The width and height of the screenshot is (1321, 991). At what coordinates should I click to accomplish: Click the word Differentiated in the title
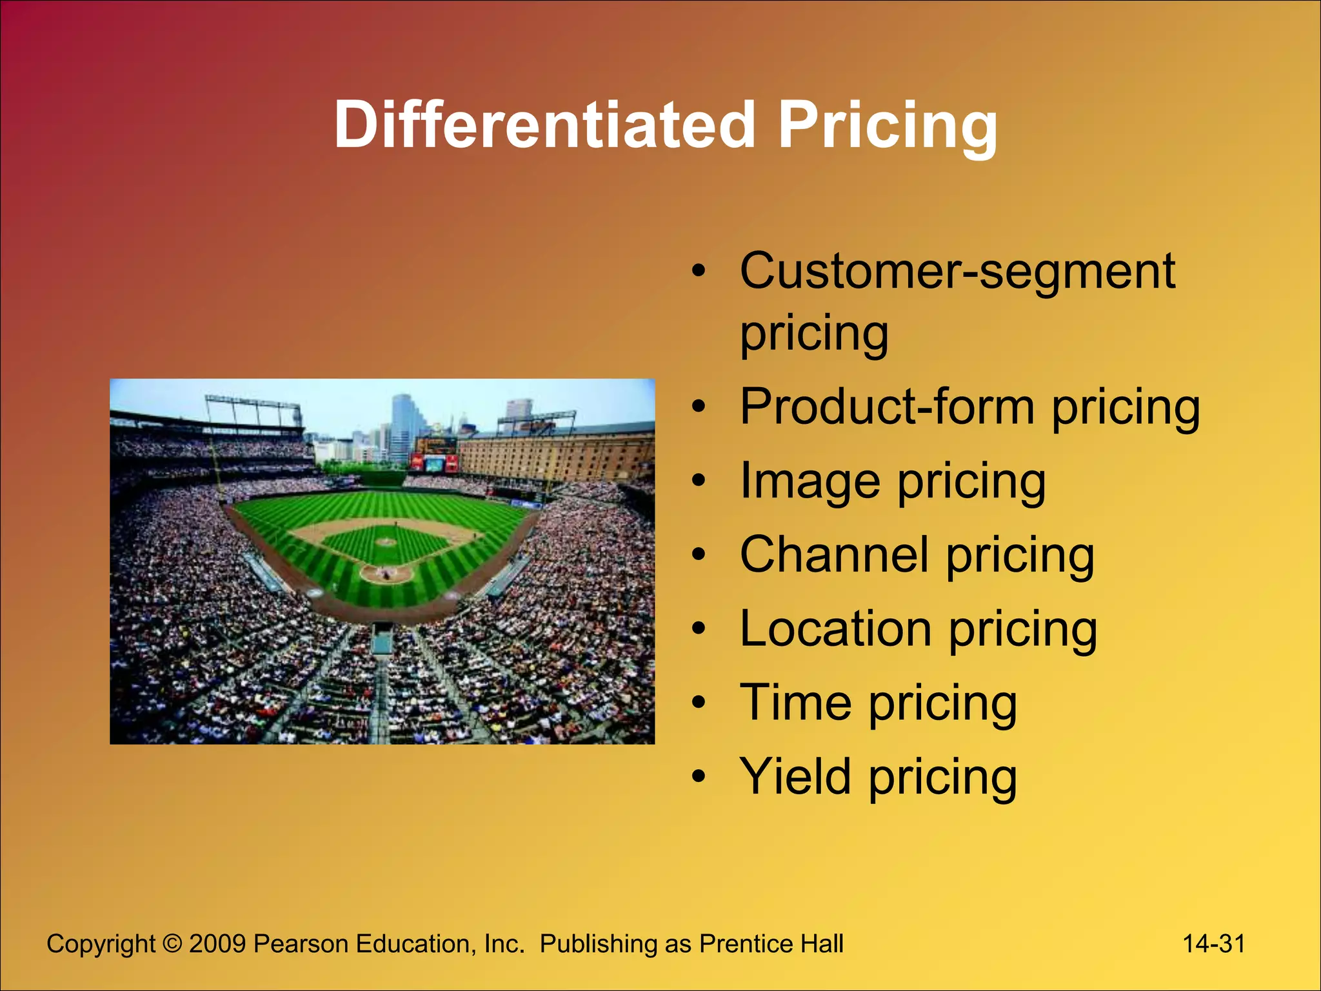(x=544, y=125)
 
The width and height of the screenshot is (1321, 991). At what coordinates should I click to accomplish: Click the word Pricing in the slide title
(x=888, y=125)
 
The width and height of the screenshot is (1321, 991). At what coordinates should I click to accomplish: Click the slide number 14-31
(x=1213, y=944)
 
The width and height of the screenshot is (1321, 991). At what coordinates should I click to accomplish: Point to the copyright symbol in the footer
(x=172, y=944)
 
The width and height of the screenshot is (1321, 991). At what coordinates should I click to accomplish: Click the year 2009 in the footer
(x=217, y=944)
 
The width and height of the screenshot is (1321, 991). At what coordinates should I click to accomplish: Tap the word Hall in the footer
(x=822, y=944)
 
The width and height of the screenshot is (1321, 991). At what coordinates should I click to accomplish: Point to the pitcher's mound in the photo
(x=386, y=542)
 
